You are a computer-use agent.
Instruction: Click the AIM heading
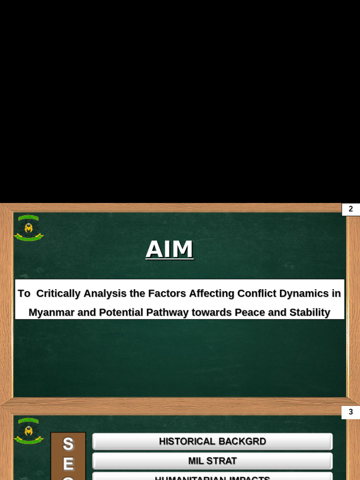pos(169,249)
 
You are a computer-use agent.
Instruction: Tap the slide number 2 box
pos(351,209)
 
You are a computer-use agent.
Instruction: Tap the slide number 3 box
pos(351,412)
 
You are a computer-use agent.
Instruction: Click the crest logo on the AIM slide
pos(29,228)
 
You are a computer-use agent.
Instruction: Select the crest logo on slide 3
pos(29,430)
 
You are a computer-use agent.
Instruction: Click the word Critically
pos(58,293)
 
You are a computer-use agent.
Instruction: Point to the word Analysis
pos(105,293)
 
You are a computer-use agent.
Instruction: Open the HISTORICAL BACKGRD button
pos(212,442)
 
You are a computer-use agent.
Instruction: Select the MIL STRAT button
pos(212,461)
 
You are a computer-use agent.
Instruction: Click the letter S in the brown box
pos(68,444)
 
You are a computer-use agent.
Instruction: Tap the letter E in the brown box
pos(68,464)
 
